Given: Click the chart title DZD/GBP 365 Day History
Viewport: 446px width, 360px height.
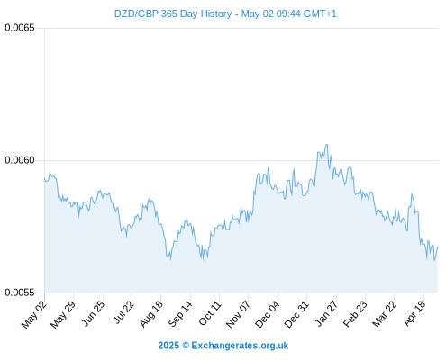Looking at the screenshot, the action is (x=173, y=13).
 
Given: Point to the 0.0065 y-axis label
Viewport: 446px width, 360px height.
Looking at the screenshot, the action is (x=20, y=28).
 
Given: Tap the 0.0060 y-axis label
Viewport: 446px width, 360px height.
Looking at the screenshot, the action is (x=20, y=160).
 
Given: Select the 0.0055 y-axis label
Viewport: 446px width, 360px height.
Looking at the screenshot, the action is (x=20, y=292).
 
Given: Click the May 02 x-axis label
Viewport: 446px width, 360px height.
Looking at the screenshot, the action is (x=34, y=314).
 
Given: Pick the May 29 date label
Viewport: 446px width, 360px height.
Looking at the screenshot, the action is (x=63, y=314).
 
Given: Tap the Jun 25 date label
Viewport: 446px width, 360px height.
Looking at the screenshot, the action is (x=93, y=313).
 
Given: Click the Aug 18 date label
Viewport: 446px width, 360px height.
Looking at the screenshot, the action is (x=151, y=314).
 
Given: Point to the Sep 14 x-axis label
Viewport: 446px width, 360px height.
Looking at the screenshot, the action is (x=180, y=314).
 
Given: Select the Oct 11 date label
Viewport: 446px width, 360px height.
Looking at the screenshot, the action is (x=210, y=313).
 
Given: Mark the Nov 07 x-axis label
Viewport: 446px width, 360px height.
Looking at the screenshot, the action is (x=238, y=314).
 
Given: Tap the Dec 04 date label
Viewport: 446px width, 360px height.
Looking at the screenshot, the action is (x=267, y=314).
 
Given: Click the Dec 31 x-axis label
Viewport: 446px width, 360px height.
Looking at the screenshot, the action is (x=296, y=314).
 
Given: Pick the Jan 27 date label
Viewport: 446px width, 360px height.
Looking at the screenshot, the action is (x=326, y=313).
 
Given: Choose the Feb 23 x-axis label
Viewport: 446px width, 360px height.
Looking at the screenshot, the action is (x=355, y=314).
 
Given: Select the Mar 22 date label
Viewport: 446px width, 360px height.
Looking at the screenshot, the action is (x=384, y=314).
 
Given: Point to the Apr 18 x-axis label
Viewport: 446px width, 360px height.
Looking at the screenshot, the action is (x=414, y=313).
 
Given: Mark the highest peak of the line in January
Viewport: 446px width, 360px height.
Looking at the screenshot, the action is (x=327, y=145).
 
